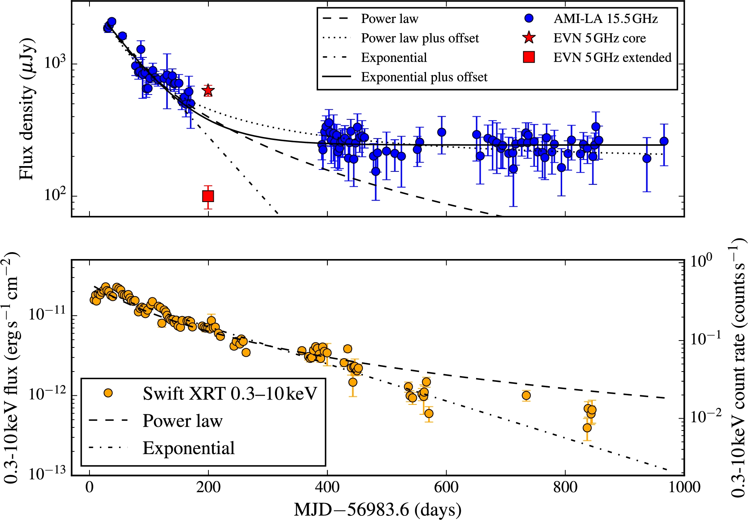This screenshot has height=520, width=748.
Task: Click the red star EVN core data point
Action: coord(208,91)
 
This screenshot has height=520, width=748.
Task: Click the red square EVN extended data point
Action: coord(208,196)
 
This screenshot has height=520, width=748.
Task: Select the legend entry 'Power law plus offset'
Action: coord(420,38)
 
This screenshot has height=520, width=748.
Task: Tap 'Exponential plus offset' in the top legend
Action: coord(424,77)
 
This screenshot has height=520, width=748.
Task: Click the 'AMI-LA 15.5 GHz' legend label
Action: coord(605,19)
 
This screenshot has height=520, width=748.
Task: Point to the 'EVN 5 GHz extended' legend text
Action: coord(612,58)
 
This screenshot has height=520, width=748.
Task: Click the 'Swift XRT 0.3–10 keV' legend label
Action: coord(230,394)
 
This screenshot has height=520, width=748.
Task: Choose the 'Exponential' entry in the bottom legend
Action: coord(189,448)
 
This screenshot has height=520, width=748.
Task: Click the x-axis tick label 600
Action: coord(446,487)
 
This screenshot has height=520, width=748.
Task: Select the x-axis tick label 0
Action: coord(89,487)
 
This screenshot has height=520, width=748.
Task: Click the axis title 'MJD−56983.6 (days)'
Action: coord(377,510)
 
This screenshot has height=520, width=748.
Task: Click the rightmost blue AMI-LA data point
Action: coord(664,141)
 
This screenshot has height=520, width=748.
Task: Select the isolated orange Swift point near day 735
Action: coord(526,395)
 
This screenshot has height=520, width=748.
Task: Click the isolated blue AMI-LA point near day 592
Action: coord(442,132)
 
